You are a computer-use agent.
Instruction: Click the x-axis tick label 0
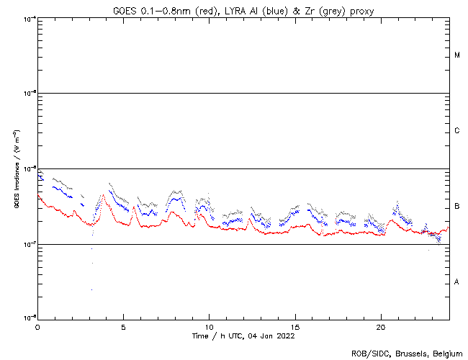point(37,326)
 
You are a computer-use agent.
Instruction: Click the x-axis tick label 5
point(123,326)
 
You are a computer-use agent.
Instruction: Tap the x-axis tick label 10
point(210,326)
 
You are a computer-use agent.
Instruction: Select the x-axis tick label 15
point(295,326)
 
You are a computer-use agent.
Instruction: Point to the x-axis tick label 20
point(382,326)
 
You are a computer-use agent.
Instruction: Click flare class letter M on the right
point(457,55)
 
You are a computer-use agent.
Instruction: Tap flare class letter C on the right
point(457,131)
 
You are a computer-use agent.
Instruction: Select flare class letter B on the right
point(457,207)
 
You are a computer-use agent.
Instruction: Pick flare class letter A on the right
point(457,282)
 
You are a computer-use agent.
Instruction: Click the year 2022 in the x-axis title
point(285,336)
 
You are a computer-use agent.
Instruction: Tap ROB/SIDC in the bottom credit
point(367,354)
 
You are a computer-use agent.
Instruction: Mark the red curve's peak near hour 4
point(104,194)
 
